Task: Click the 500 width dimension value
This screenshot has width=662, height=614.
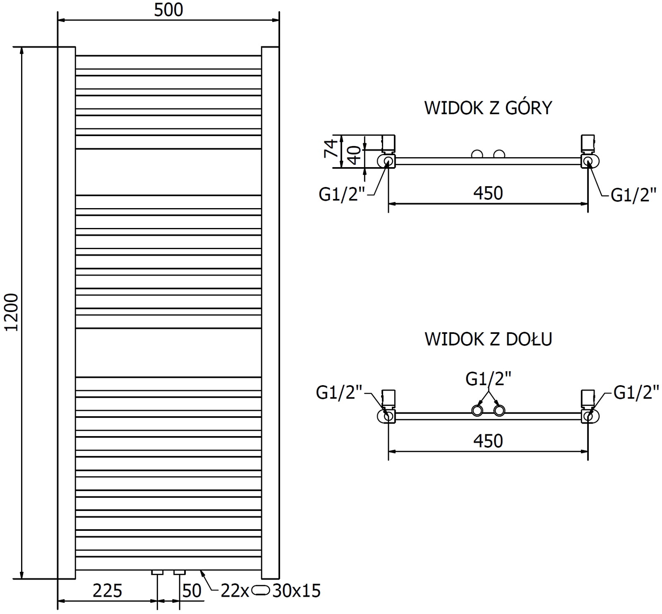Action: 168,10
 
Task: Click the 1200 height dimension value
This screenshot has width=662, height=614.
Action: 12,312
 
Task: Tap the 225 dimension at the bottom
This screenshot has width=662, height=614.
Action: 107,591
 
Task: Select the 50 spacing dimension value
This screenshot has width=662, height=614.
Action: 192,591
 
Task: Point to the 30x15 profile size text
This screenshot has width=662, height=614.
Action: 296,591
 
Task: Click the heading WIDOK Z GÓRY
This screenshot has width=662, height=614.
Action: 488,108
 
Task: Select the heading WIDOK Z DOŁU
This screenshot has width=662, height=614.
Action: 488,339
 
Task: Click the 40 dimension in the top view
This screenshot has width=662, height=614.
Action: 354,155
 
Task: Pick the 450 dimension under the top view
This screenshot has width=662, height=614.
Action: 488,193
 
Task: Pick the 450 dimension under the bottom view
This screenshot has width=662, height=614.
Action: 488,441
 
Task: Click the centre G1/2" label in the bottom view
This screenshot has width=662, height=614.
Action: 488,379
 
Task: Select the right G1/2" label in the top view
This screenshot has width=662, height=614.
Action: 633,195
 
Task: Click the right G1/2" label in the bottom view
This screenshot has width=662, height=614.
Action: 636,392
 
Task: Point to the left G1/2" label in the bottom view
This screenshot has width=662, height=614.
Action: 339,392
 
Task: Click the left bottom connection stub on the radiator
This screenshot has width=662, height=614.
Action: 158,573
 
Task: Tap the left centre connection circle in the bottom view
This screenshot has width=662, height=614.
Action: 477,411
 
